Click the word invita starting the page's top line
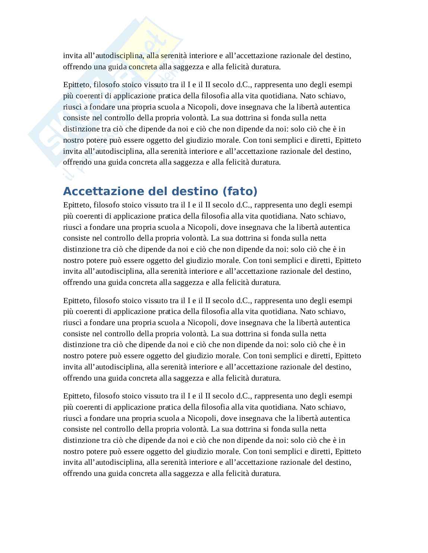point(72,56)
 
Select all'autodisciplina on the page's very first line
point(114,56)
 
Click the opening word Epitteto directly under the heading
point(77,205)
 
